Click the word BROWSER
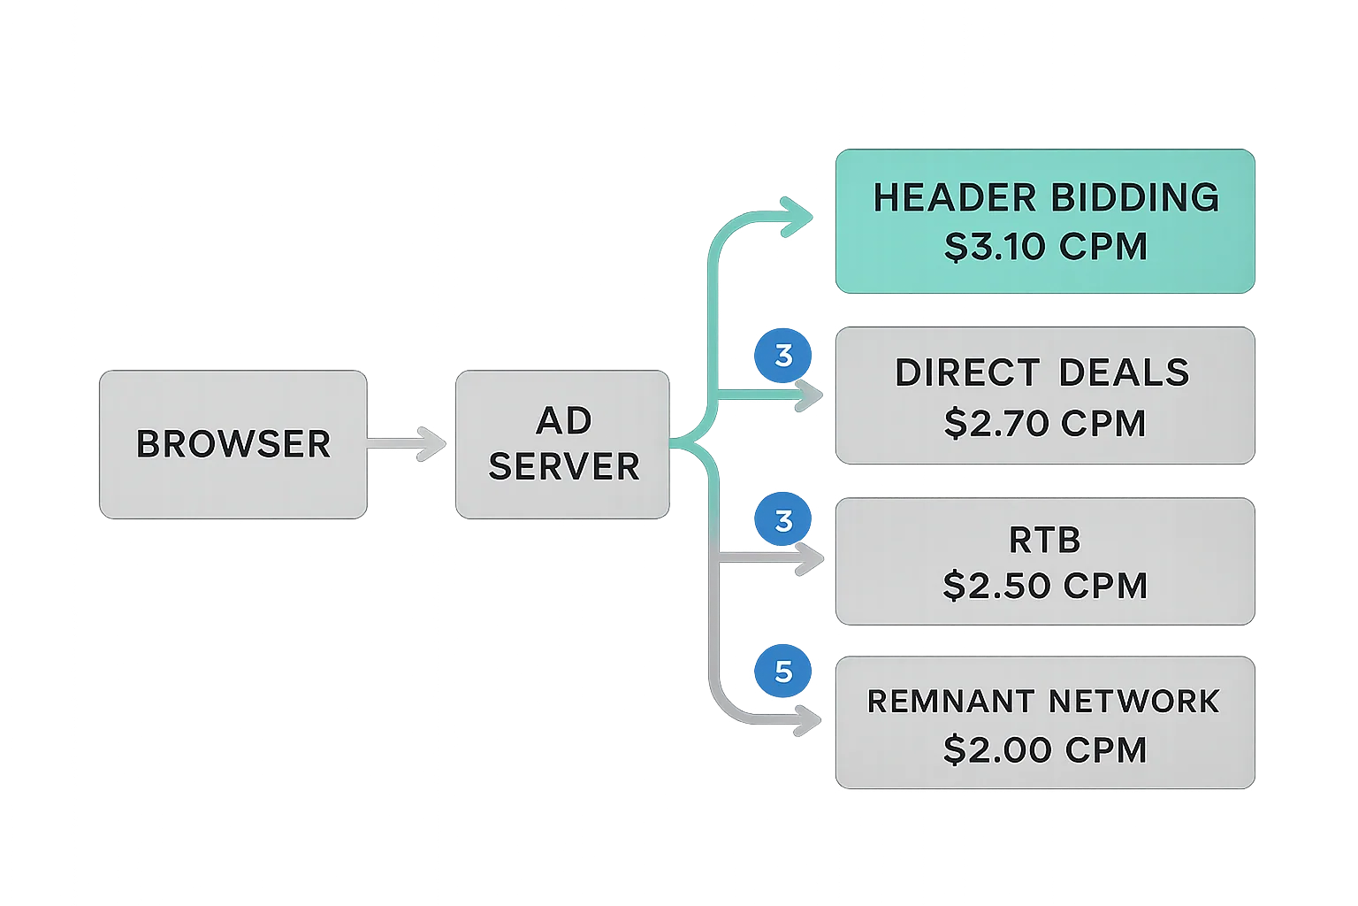point(233,443)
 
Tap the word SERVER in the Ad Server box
point(564,466)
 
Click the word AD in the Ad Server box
point(564,421)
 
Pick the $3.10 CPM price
point(1045,247)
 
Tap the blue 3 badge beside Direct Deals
point(783,356)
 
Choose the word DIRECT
point(967,372)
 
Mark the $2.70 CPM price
point(1045,423)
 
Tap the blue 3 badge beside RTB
point(783,520)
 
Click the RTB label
point(1045,540)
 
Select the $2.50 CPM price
point(1045,586)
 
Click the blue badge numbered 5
point(783,672)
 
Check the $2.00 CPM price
point(1045,749)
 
